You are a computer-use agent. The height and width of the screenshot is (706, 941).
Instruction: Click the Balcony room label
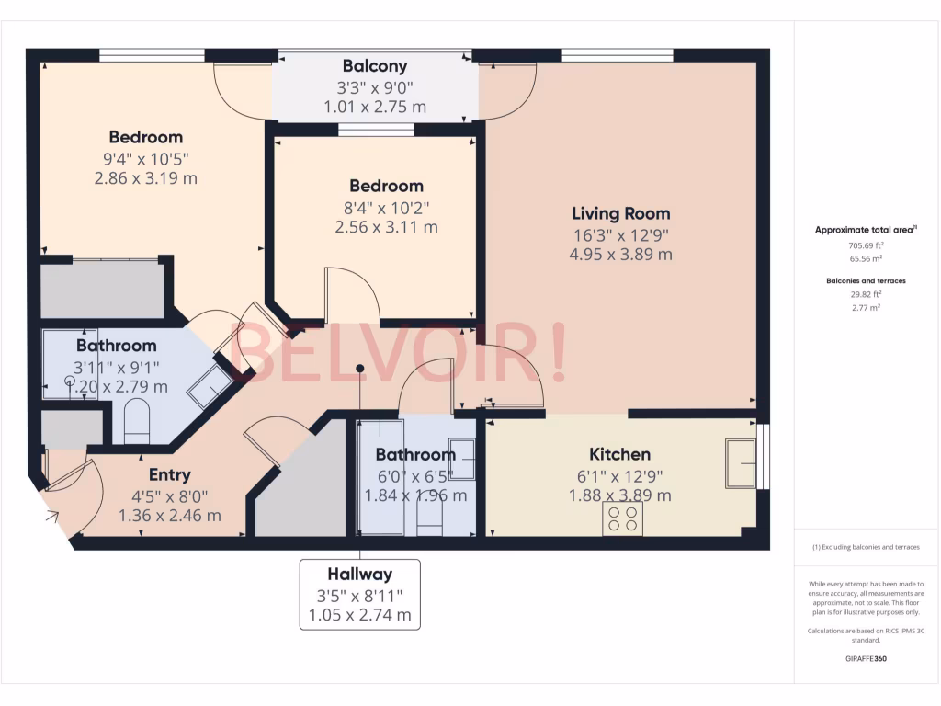tap(374, 66)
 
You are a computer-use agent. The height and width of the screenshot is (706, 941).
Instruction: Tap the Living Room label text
tap(620, 214)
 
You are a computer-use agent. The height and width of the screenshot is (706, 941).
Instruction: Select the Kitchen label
tap(619, 454)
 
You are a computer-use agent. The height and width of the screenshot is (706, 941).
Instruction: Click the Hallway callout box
tap(360, 594)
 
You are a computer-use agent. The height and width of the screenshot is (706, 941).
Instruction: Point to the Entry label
tap(170, 475)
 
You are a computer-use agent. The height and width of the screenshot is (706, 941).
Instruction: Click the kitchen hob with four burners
tap(622, 518)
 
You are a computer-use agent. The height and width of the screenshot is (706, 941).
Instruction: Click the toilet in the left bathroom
tap(137, 421)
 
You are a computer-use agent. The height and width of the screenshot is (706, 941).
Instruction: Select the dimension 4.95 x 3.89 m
tap(620, 255)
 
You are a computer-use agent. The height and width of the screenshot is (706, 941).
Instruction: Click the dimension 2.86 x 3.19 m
tap(146, 178)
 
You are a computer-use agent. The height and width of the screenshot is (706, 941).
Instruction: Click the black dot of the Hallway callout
tap(360, 369)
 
